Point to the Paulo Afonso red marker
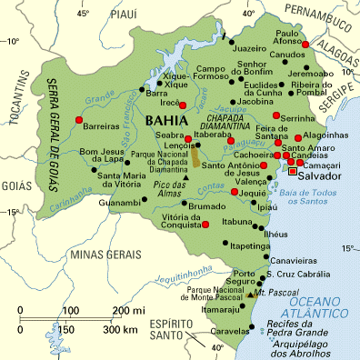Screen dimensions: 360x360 click(x=306, y=45)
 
